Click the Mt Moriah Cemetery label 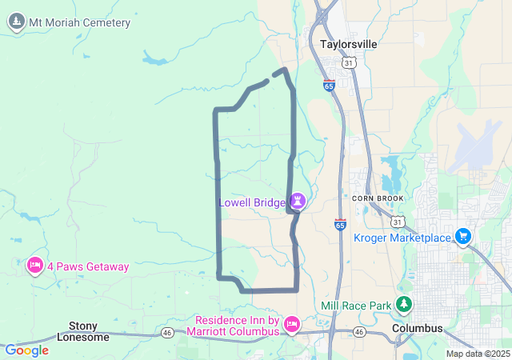79,22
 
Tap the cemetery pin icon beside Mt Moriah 15,22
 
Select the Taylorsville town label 348,45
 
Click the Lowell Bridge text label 252,202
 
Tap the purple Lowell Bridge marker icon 298,201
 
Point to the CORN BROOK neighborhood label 378,198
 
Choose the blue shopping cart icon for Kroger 462,236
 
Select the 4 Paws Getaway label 87,266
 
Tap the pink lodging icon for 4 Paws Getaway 34,265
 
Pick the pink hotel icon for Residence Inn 291,324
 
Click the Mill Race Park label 356,306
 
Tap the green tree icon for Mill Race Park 405,304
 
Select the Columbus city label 418,329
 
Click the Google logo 26,350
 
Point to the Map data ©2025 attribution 477,354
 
